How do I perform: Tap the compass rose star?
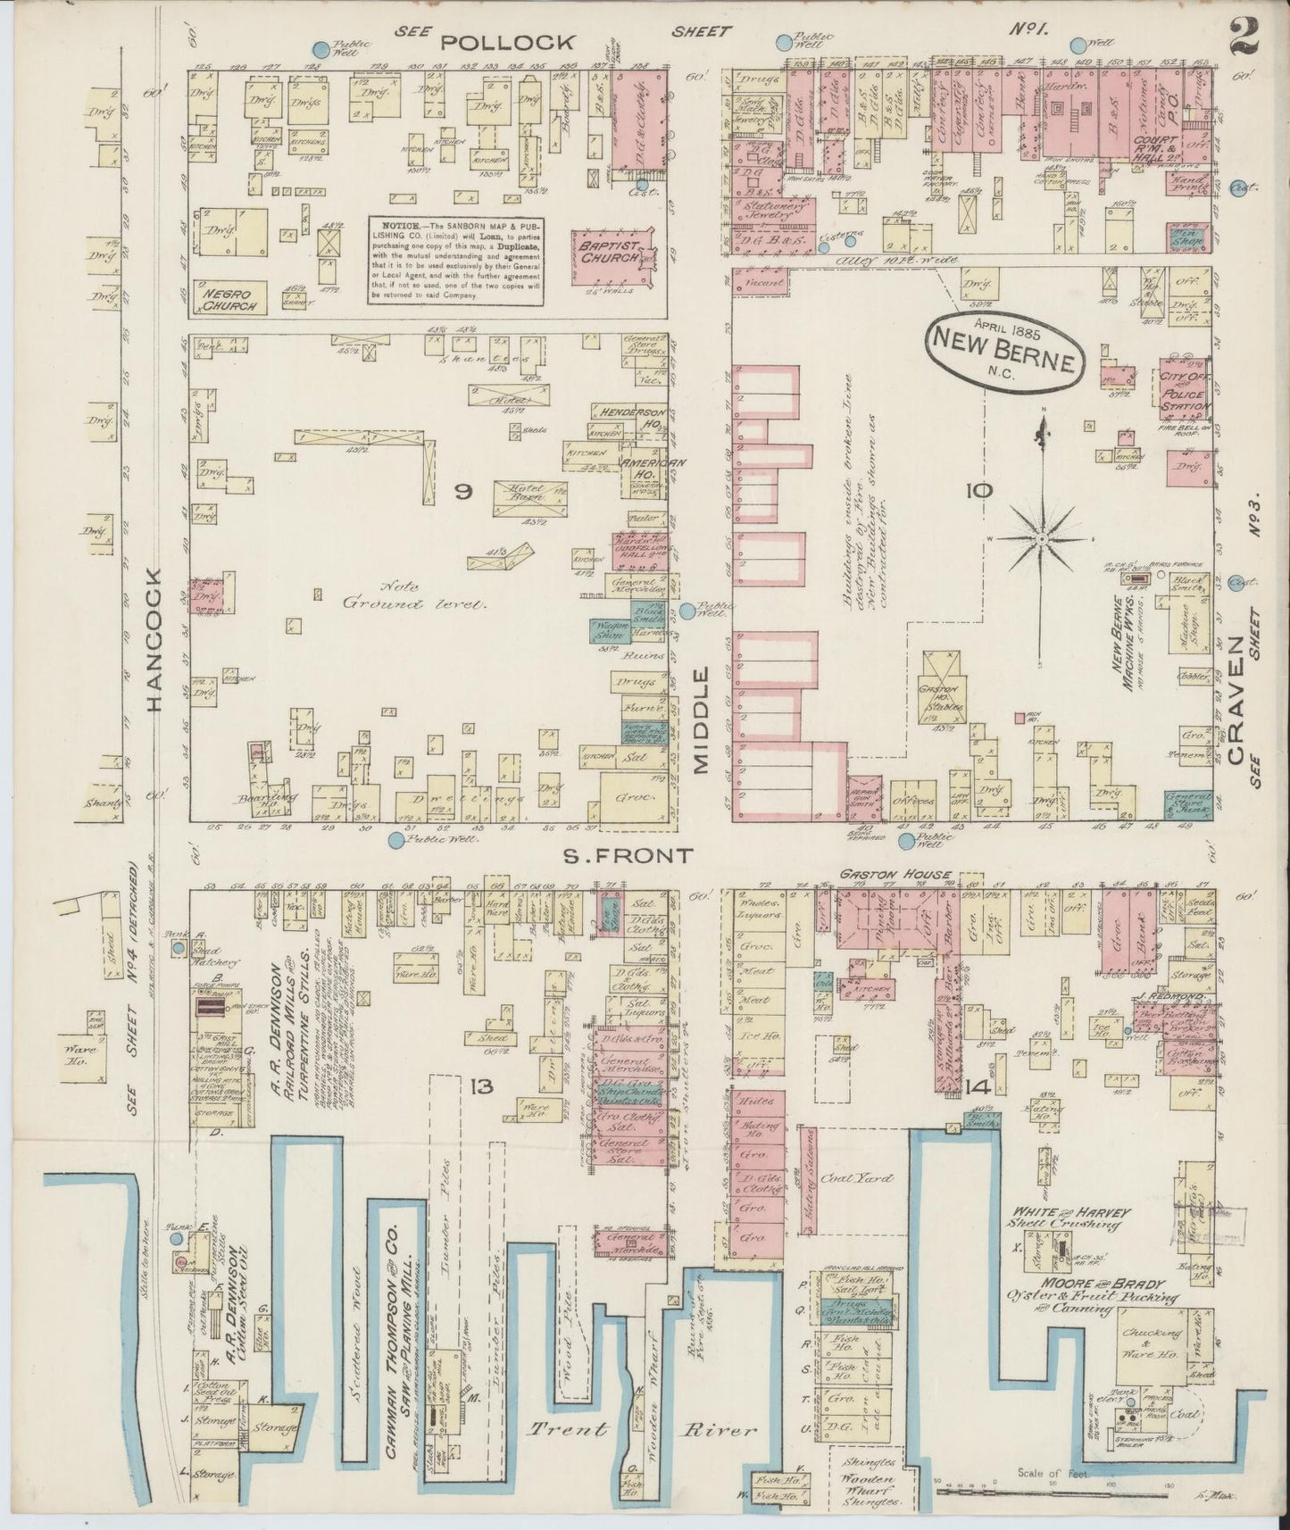click(x=1041, y=540)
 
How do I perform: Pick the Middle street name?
click(x=700, y=719)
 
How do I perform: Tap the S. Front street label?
click(x=628, y=856)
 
